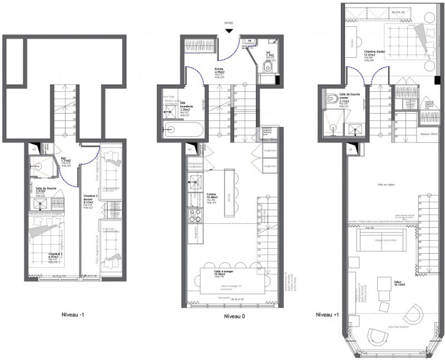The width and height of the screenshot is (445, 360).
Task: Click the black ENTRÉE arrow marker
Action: [229, 31]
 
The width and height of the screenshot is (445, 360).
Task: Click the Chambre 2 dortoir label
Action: [90, 198]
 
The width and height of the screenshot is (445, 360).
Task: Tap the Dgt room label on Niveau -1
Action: [64, 157]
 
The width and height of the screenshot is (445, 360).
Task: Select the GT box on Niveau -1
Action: [34, 149]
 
